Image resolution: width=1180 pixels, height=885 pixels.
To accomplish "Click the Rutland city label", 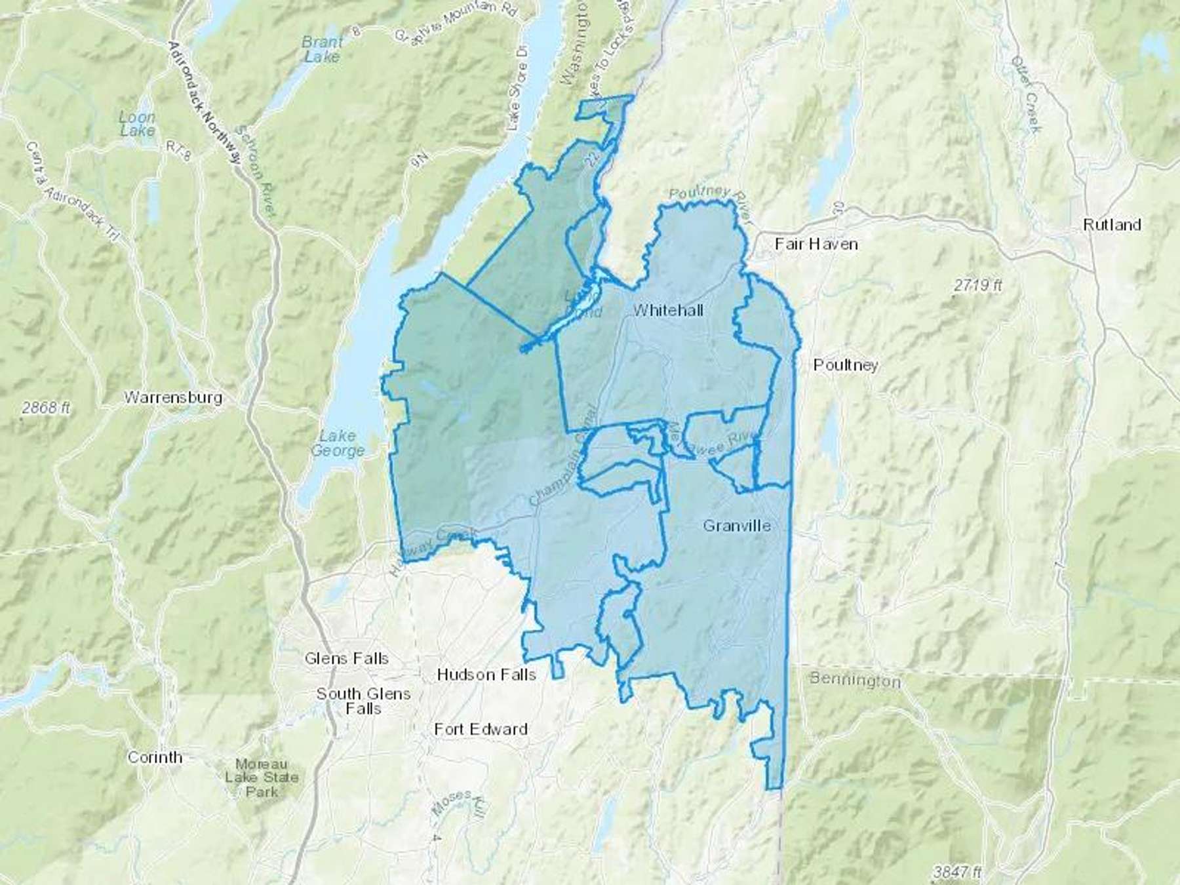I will [1112, 225].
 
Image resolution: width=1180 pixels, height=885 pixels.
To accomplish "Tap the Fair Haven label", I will [816, 244].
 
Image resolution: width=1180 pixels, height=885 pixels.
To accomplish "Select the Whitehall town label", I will [668, 310].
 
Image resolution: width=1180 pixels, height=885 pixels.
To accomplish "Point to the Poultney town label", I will [845, 365].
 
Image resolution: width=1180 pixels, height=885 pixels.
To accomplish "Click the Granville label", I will [736, 526].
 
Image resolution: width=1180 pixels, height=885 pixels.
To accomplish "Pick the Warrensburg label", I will [173, 397].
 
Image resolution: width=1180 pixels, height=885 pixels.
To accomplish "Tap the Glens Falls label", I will [346, 658].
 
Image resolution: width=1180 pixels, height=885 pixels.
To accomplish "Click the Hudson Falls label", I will [486, 675].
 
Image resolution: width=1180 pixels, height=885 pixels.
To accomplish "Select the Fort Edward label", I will [481, 729].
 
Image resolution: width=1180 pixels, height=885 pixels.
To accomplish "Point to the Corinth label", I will [155, 757].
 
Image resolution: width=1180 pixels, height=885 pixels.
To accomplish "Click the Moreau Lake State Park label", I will [262, 778].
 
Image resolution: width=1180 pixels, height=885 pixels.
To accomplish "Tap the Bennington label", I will [855, 679].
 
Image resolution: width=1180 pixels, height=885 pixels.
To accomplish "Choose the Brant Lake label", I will [322, 49].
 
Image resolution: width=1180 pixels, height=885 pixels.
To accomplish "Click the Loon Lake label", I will [138, 124].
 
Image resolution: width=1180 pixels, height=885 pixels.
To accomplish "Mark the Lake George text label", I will [338, 443].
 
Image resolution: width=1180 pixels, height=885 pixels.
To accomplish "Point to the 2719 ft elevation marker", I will [978, 285].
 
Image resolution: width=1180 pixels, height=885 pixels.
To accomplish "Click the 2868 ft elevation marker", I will [45, 408].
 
